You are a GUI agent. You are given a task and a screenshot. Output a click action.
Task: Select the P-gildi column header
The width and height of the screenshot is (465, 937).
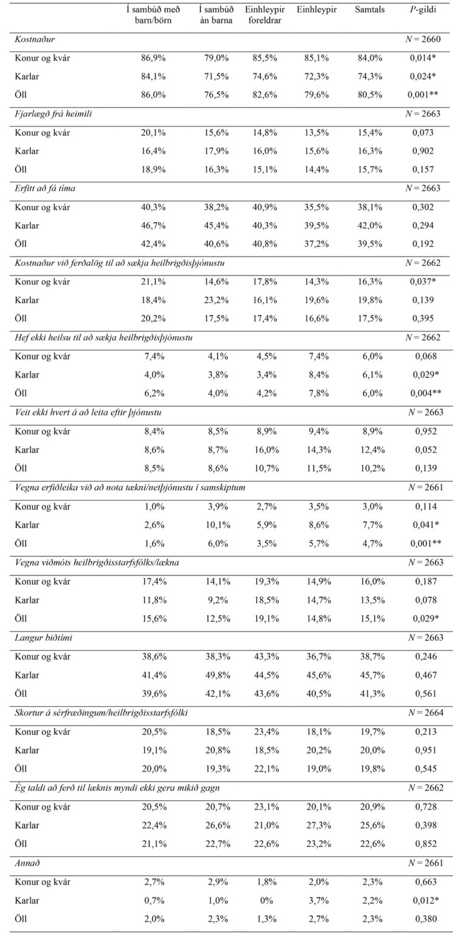click(422, 10)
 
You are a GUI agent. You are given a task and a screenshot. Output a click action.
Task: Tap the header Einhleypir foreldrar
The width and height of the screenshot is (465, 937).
click(265, 15)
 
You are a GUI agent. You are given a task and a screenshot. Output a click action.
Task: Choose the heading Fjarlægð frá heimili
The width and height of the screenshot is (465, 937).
click(53, 113)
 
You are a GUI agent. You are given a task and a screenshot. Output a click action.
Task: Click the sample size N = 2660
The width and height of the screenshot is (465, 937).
click(424, 39)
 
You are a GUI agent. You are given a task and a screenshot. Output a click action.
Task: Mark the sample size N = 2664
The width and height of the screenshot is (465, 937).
click(424, 712)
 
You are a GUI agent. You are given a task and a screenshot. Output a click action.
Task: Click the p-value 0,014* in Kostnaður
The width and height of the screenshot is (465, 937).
click(422, 58)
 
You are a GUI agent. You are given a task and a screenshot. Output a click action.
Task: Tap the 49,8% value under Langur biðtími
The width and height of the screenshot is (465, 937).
click(216, 675)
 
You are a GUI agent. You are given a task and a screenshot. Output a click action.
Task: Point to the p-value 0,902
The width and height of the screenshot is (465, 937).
click(422, 151)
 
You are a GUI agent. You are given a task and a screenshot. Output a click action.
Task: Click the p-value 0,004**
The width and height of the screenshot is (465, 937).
click(422, 393)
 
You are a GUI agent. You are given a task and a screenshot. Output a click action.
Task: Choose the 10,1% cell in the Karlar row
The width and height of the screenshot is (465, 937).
click(216, 525)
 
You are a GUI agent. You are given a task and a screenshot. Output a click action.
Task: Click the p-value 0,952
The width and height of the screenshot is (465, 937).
click(422, 432)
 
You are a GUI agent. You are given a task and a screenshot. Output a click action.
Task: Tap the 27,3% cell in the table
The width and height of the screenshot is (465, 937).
click(317, 825)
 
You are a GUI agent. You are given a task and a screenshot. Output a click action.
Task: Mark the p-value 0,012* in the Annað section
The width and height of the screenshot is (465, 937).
click(422, 900)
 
